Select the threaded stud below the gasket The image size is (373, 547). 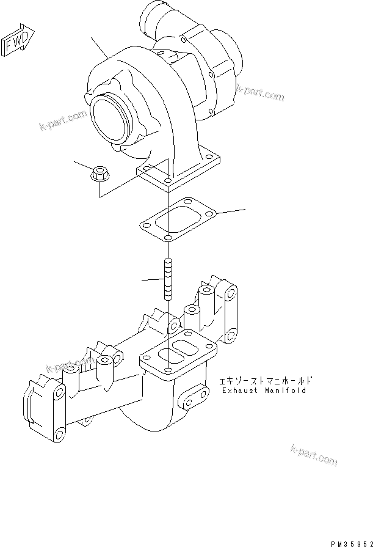coord(167,279)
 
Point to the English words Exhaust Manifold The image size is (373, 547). coord(264,391)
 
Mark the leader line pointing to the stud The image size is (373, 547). coord(152,280)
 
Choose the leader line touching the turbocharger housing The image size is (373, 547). coord(100,48)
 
